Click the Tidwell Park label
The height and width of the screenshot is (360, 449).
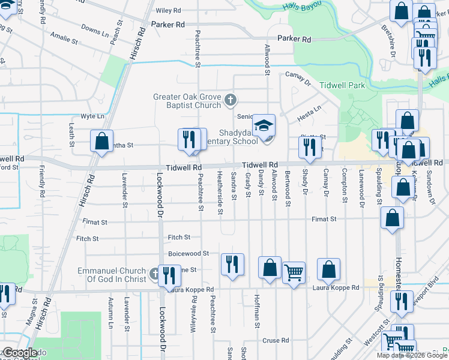(x=342, y=86)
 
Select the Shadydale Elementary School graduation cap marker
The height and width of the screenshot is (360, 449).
(x=264, y=126)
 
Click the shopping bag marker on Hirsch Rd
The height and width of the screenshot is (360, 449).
(x=101, y=142)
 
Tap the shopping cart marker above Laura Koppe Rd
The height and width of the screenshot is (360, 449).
(x=294, y=273)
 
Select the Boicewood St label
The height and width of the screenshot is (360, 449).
(x=188, y=254)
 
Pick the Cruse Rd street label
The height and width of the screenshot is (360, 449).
(x=276, y=340)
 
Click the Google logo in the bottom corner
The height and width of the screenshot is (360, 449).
(x=19, y=353)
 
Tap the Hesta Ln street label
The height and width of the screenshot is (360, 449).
(x=310, y=109)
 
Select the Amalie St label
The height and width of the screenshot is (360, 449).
(x=64, y=43)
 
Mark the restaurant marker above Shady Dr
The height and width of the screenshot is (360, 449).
(x=309, y=147)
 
